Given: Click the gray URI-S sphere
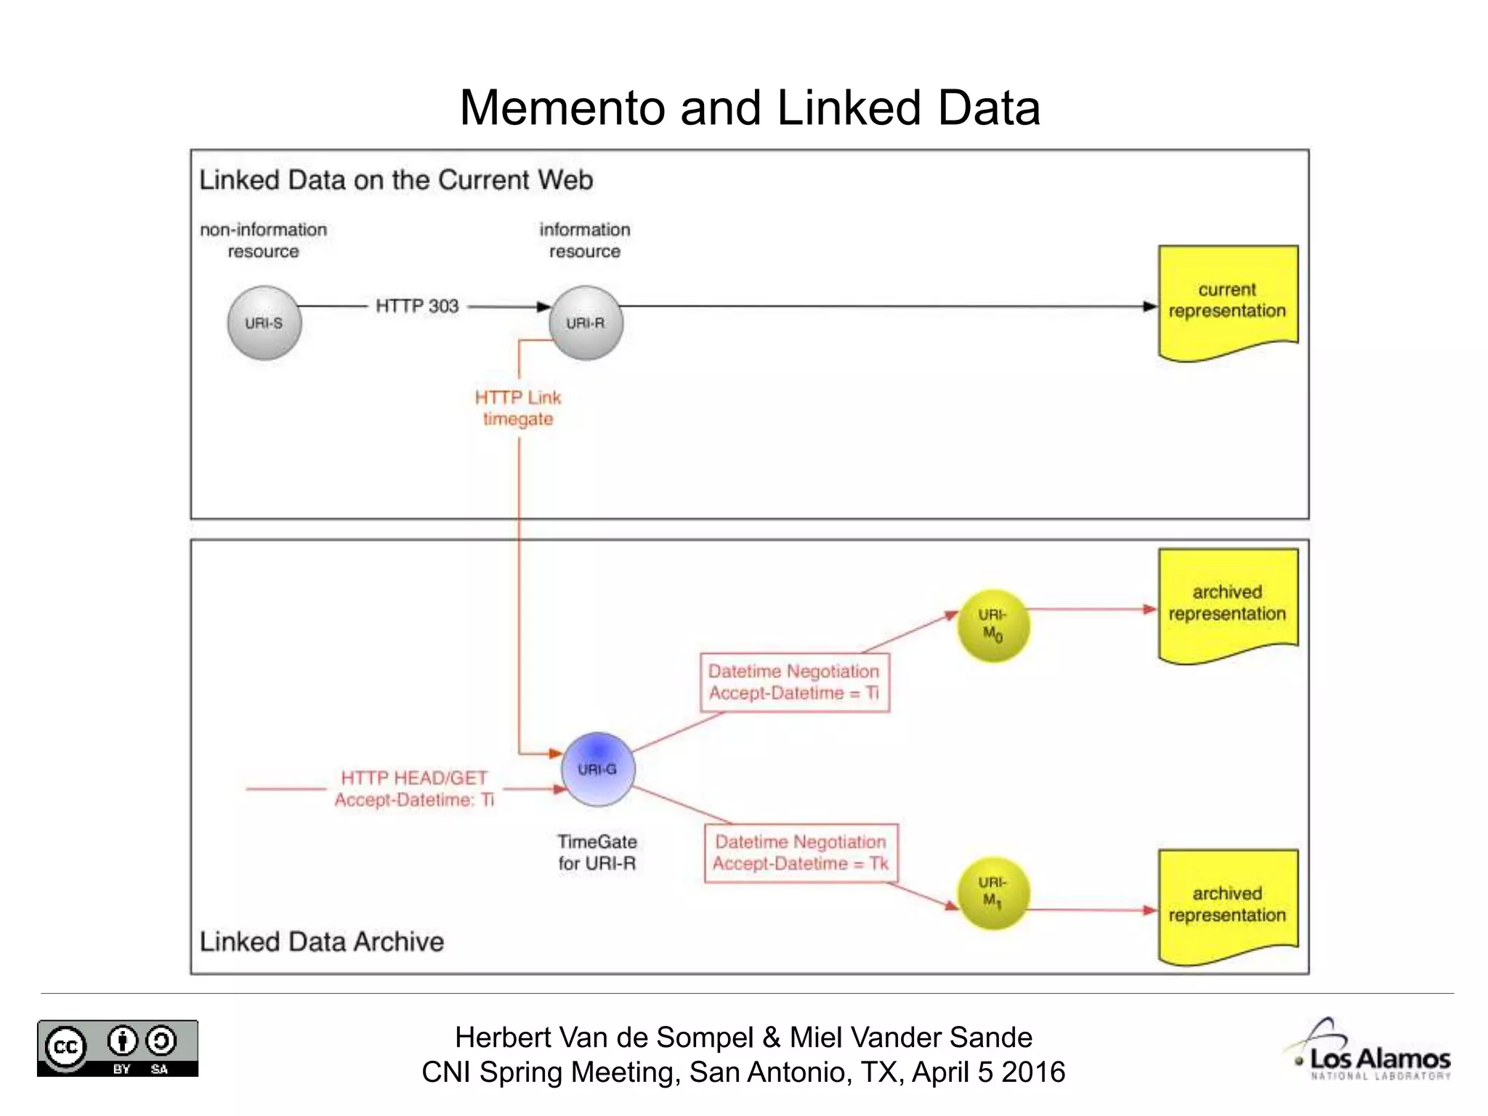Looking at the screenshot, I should (264, 323).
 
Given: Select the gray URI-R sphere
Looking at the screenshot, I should (586, 323).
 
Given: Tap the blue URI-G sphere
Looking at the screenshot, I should (598, 769).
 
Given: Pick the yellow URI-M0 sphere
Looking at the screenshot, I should (993, 626).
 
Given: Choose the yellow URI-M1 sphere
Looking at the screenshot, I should (993, 893).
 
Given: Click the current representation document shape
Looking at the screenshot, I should (1227, 301).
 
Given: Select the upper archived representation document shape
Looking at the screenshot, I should (1227, 604).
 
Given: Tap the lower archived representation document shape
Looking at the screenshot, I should (1227, 905).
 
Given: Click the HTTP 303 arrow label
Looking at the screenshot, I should (417, 306).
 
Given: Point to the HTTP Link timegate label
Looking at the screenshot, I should (518, 408).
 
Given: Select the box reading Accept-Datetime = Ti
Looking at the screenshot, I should (794, 682).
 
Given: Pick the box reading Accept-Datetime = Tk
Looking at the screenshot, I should (801, 853).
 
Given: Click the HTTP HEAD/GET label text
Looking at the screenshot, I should (414, 788).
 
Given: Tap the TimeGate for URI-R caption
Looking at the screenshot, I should (597, 852).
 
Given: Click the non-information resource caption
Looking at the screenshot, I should (263, 240).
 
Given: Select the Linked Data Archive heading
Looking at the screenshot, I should (321, 942).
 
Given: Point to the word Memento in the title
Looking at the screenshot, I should (562, 108).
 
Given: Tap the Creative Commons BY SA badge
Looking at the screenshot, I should (118, 1048).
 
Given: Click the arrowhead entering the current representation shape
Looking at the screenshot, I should (1149, 307).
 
